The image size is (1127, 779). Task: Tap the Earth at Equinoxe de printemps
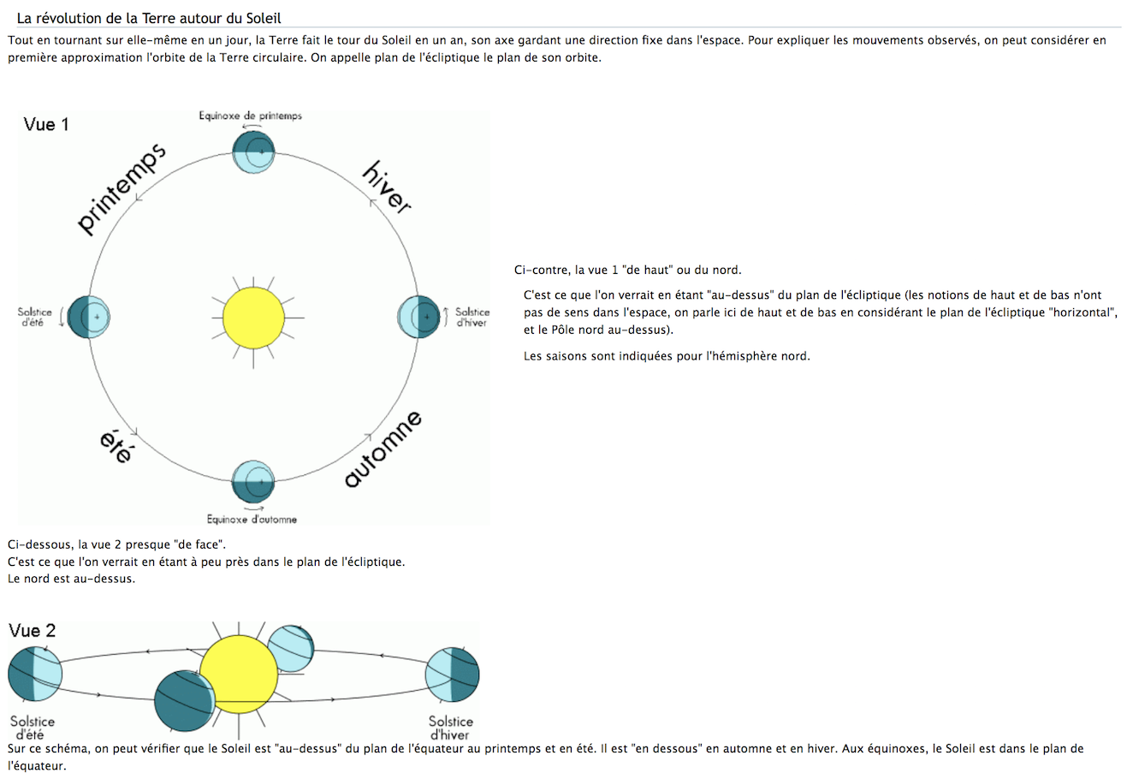pos(253,152)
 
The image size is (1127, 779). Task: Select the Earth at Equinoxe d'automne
pos(253,482)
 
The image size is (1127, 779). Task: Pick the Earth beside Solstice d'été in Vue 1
pos(89,317)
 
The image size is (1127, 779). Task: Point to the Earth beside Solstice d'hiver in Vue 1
pos(419,317)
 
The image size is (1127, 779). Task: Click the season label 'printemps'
pos(121,190)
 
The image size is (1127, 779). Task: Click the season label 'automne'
pos(383,449)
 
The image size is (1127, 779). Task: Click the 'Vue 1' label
pos(46,125)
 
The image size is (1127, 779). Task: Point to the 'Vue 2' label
pos(33,631)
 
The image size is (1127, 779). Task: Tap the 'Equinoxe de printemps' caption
pos(250,116)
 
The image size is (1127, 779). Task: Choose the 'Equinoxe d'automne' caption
pos(252,519)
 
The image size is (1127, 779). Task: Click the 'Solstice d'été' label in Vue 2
pos(33,728)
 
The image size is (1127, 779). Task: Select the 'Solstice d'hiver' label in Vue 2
pos(450,728)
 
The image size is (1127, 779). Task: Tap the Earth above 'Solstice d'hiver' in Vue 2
pos(453,675)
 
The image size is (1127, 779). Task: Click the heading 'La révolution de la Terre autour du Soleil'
pos(149,18)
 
